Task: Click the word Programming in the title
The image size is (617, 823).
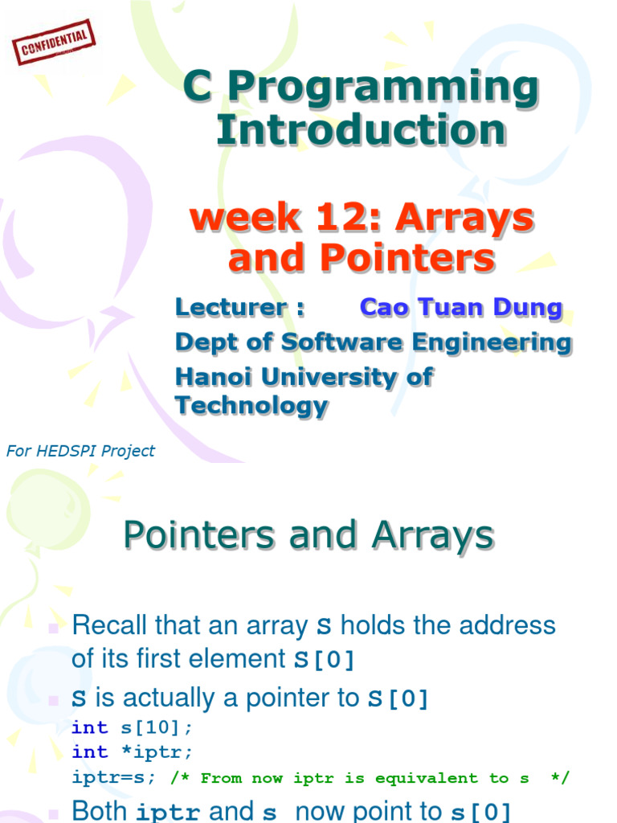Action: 384,88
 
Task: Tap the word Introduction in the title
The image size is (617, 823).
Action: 362,130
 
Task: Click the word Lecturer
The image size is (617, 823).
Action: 231,307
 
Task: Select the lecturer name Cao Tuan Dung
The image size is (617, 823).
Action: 461,307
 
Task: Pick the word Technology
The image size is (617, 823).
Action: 251,406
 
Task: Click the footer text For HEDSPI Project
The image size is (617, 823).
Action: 80,451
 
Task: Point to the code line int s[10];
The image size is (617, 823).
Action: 133,727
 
